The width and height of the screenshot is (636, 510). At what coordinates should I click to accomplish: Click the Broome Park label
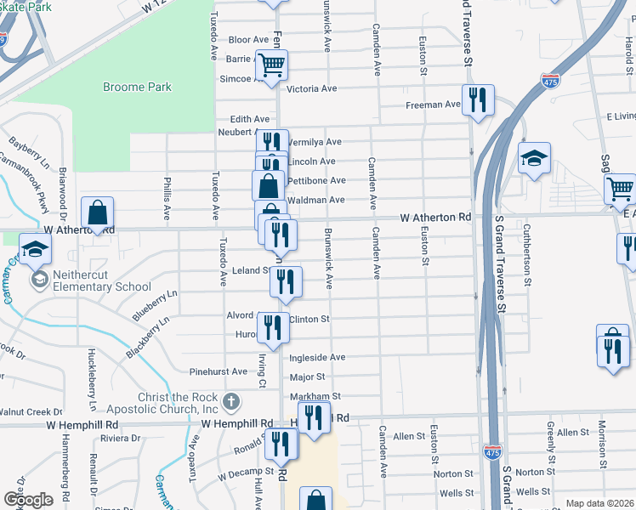137,87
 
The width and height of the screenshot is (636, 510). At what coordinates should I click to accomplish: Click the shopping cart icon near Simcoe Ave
271,65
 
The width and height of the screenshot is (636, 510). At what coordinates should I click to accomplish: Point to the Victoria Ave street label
312,88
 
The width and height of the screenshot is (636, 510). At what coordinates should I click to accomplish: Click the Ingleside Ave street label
317,358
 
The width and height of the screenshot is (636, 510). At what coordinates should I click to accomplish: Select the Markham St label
315,397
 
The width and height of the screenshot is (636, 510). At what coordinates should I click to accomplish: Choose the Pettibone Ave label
316,180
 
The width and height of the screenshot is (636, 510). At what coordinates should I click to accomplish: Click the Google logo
27,500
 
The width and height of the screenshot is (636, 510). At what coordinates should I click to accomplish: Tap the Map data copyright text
600,503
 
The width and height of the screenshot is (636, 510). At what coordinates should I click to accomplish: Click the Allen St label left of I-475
408,436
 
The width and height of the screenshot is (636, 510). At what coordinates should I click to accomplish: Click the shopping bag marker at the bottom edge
315,500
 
